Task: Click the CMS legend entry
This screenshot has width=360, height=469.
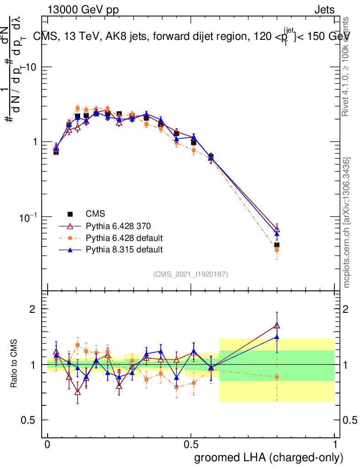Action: pyautogui.click(x=95, y=214)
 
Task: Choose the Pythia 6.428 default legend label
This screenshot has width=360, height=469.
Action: pyautogui.click(x=124, y=238)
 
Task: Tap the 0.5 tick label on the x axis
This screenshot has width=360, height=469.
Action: pyautogui.click(x=191, y=445)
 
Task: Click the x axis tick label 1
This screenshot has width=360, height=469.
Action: pyautogui.click(x=335, y=445)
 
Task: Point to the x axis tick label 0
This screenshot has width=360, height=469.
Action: pyautogui.click(x=47, y=445)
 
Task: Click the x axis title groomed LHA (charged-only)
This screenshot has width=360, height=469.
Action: pyautogui.click(x=269, y=458)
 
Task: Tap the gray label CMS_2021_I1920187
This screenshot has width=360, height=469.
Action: pyautogui.click(x=191, y=274)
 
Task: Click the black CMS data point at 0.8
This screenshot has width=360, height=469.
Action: pyautogui.click(x=277, y=245)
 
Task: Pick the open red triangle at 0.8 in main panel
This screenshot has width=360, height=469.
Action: pyautogui.click(x=277, y=229)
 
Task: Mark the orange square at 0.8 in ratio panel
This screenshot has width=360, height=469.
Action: pyautogui.click(x=277, y=377)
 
